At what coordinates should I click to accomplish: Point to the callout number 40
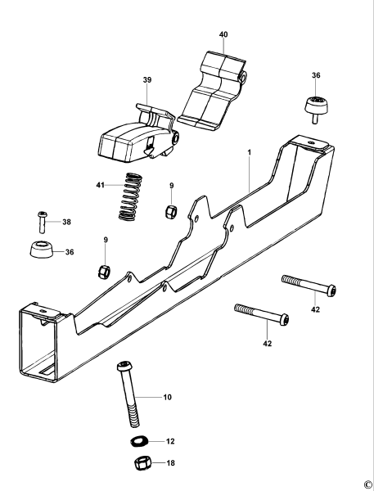[x=223, y=34]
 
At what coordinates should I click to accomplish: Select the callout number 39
[x=147, y=79]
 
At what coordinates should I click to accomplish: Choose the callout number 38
[x=67, y=222]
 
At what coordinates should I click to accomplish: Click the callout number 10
[x=167, y=397]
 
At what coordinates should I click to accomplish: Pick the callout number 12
[x=170, y=442]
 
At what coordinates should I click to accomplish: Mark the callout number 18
[x=170, y=463]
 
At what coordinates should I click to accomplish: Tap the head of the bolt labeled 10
[x=123, y=364]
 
